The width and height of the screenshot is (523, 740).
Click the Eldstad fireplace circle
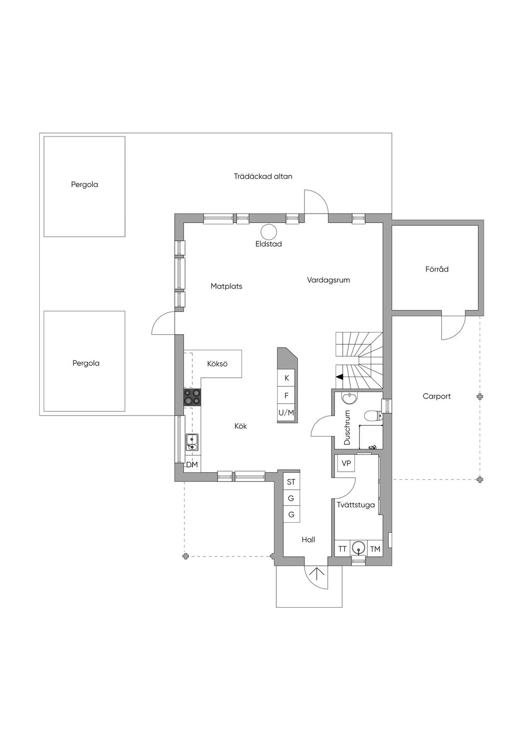coord(269,231)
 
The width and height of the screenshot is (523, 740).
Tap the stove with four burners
coord(193,397)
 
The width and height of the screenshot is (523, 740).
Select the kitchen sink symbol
coord(192,442)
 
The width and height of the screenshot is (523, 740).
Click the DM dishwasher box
coord(192,465)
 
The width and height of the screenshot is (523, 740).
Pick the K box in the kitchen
coord(287,378)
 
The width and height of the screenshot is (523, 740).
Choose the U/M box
coord(287,412)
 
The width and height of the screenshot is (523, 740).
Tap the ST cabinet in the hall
coord(291,482)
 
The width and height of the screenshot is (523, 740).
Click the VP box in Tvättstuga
coord(346,464)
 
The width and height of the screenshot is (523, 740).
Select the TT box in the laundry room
coord(342,549)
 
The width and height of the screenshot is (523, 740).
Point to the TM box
coord(375,549)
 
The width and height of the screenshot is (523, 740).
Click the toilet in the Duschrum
coord(372,415)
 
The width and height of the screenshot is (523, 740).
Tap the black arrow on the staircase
coord(339,377)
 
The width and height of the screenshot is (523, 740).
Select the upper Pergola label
coord(85,184)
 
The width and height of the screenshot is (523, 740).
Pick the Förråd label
coord(437,269)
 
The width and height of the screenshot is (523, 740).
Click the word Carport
coord(437,396)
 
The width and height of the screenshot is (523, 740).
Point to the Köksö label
coord(217,364)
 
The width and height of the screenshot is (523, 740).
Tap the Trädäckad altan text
coord(263,176)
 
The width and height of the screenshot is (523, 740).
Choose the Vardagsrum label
coord(328,280)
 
